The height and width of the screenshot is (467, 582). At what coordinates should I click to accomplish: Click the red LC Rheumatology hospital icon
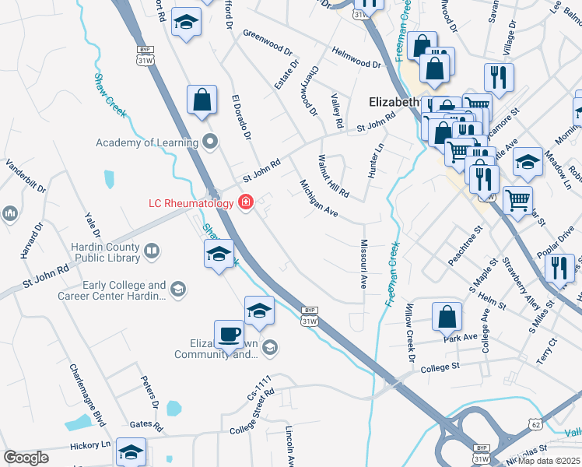(x=247, y=203)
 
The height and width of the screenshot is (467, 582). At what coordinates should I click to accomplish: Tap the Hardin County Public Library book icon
(x=152, y=251)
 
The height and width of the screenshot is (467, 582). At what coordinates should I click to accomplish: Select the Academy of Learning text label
(x=145, y=142)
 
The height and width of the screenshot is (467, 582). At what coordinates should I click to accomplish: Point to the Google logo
(x=26, y=458)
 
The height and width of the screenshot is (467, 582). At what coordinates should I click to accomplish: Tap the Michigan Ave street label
(x=319, y=199)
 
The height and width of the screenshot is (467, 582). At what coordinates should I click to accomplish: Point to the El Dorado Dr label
(x=241, y=117)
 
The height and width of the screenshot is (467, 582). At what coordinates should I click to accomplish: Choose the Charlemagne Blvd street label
(x=86, y=395)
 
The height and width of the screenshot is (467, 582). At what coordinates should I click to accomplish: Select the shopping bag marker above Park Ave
(x=447, y=316)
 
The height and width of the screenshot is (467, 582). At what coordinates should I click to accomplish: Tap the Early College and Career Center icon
(x=178, y=290)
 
